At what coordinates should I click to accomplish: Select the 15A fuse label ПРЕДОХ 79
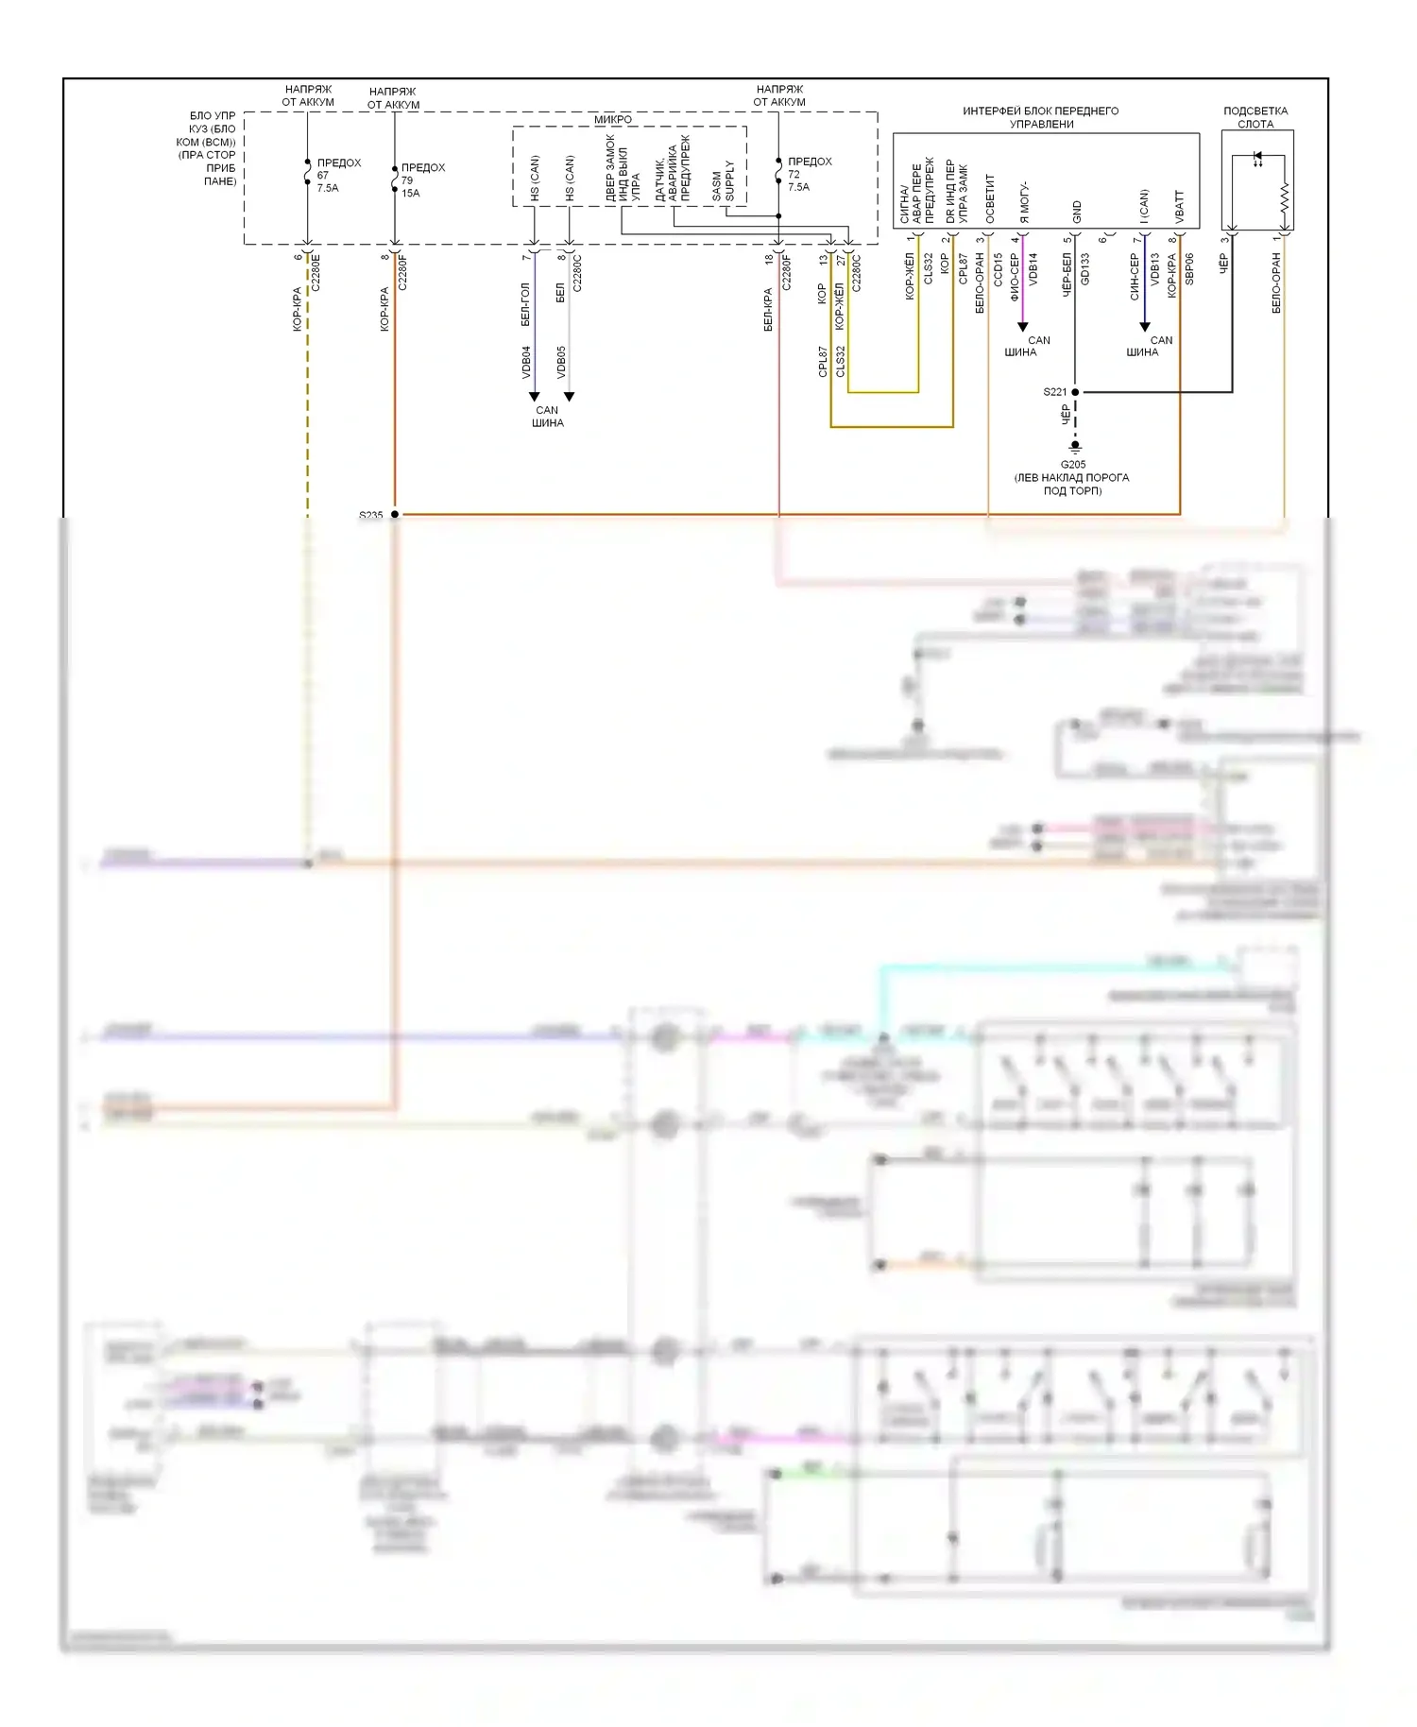421,180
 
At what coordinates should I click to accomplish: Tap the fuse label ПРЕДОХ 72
809,174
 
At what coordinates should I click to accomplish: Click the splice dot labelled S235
395,515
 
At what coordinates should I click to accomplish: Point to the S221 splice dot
1075,391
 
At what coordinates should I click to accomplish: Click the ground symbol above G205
1075,447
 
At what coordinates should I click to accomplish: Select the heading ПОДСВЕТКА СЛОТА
1255,117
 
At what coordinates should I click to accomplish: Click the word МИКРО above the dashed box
613,120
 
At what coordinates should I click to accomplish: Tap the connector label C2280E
316,271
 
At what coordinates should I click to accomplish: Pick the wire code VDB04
527,362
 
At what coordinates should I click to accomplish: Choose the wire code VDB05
562,362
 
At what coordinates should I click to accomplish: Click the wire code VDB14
1033,269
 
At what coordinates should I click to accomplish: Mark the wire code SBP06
1189,269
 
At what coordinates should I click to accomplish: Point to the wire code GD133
1085,269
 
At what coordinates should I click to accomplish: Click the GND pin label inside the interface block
1077,213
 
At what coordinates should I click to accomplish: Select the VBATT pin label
1180,207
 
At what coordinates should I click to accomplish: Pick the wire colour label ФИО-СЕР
1015,277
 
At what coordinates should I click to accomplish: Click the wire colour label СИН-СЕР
1135,277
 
